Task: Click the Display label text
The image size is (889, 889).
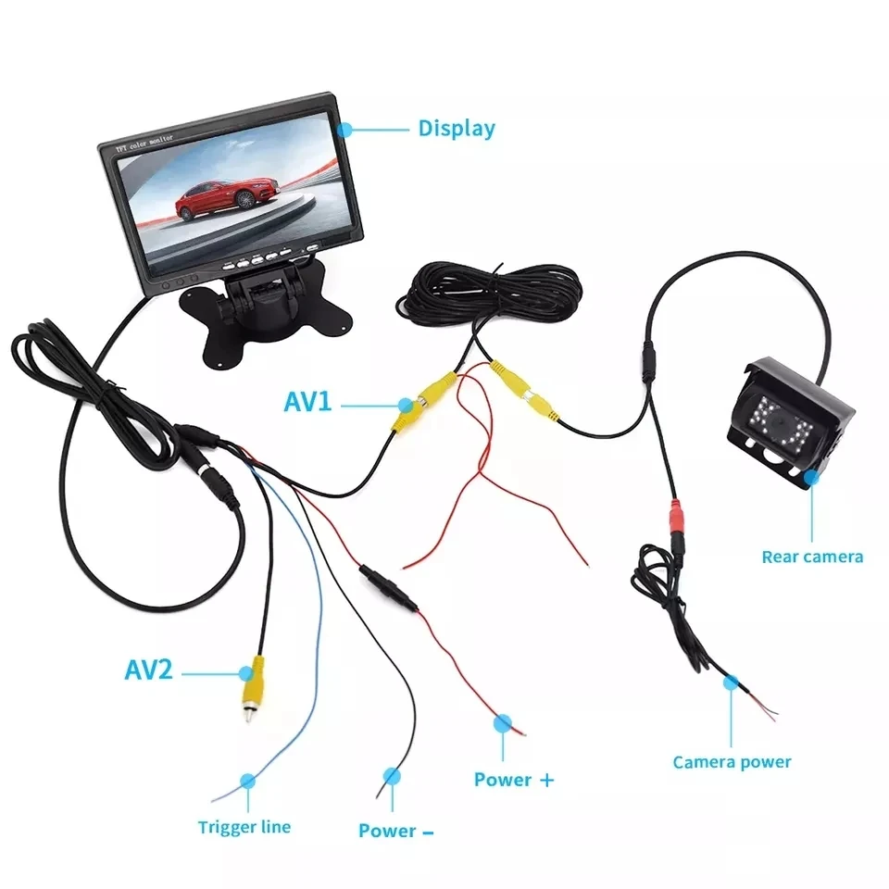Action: pos(457,128)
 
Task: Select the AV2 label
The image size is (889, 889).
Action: pos(148,669)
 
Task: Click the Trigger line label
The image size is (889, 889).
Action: pos(244,827)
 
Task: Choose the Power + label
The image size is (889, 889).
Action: pos(513,779)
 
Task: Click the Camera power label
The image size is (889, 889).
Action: pos(732,762)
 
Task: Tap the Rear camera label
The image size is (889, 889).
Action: pos(812,557)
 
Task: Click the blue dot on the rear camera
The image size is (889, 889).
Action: pos(812,478)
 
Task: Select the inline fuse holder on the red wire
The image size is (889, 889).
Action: pos(388,589)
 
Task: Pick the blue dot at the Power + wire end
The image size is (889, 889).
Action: pos(503,722)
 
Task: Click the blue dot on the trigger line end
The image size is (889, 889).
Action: pos(246,782)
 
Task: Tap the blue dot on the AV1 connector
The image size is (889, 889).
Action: pos(406,404)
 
